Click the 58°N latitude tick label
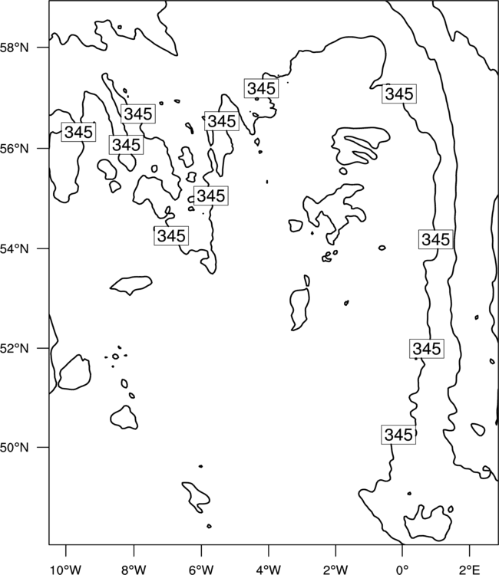15,48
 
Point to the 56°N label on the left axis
15,149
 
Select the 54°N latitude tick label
15,248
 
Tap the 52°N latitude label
15,348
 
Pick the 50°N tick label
15,448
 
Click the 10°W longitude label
65,569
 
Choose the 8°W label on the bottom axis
134,569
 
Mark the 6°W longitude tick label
201,569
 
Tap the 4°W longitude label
268,569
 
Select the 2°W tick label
335,569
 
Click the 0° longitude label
402,569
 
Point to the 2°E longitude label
470,569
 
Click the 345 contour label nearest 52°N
427,348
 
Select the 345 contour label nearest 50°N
398,435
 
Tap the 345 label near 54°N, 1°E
436,239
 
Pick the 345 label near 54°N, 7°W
171,235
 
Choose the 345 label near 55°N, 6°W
211,195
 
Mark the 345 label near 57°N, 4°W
261,88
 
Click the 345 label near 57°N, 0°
399,94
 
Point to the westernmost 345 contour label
78,132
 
